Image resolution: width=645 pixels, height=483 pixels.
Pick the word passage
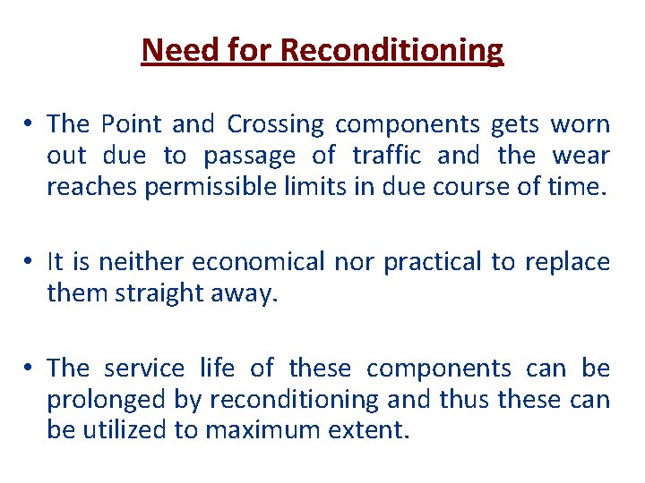249,157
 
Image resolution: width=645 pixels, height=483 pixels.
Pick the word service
142,368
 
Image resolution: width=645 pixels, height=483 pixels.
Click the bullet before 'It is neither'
30,261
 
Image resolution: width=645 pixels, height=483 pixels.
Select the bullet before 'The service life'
30,368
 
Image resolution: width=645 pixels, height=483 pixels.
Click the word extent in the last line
372,431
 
